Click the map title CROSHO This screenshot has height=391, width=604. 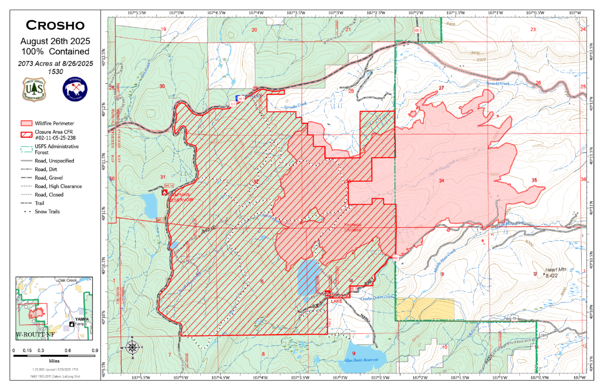point(55,26)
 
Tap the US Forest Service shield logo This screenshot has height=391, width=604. point(34,90)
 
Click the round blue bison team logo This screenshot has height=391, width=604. point(75,89)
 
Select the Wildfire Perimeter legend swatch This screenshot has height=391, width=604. point(26,123)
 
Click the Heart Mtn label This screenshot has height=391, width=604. point(555,270)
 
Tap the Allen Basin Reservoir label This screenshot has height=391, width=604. point(361,360)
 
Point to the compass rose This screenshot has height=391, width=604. point(132,348)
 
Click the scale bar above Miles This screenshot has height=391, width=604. point(54,356)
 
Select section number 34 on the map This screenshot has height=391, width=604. point(441,181)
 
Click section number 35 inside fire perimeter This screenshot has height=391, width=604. point(534,180)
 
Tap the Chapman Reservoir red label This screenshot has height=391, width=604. point(180,197)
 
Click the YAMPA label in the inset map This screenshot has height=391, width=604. point(82,319)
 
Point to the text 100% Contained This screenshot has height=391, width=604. point(55,52)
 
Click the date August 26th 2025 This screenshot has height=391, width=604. point(55,41)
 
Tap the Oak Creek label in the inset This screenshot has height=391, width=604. point(68,280)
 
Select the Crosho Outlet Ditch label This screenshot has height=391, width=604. point(376,298)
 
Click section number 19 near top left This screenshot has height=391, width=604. point(164,29)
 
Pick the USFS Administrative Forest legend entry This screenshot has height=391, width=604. point(56,149)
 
